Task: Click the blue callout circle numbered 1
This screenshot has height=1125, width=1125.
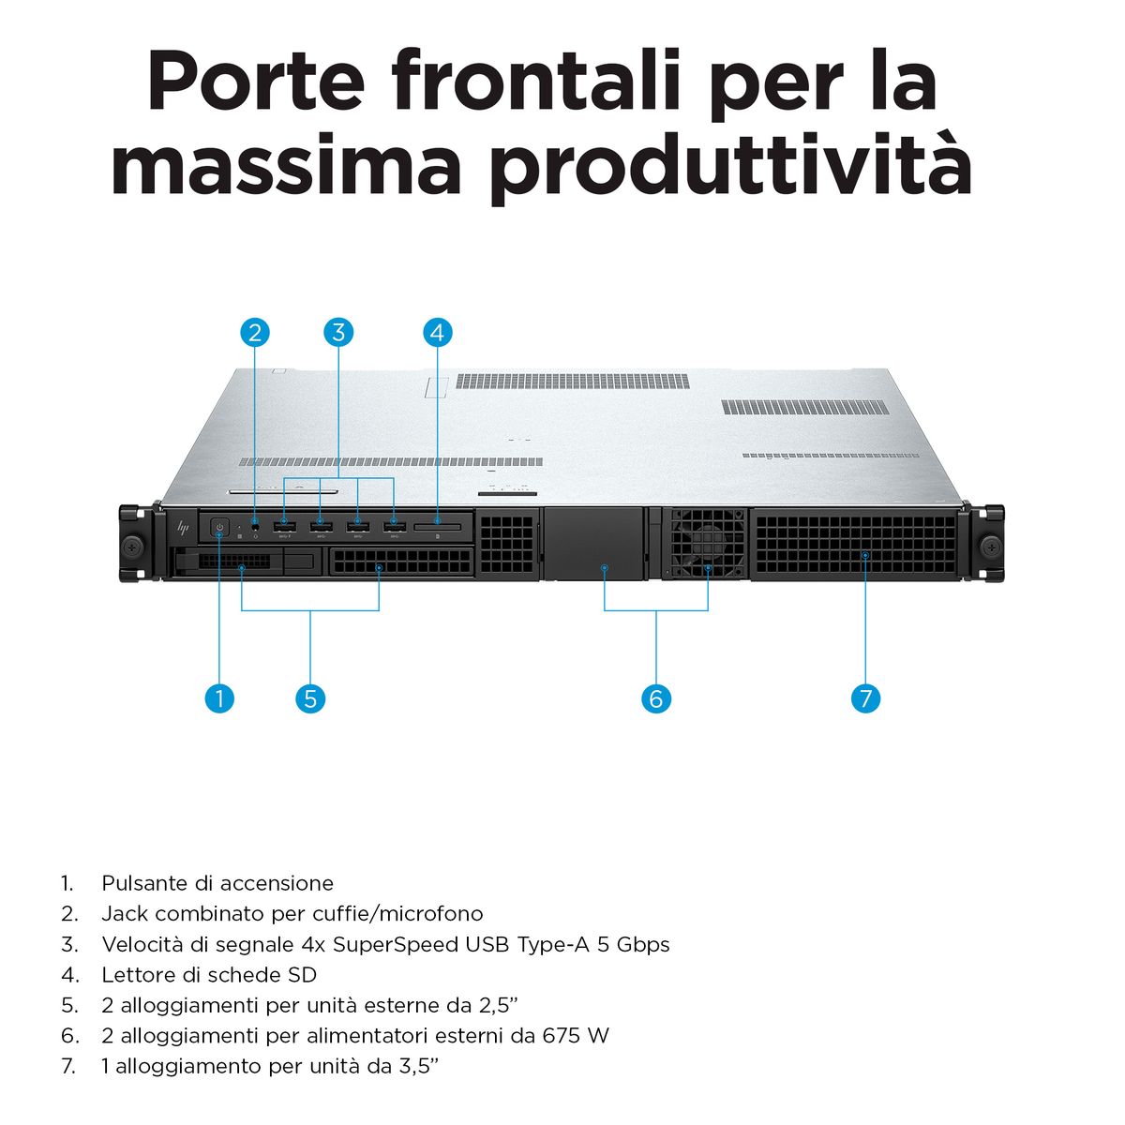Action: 219,698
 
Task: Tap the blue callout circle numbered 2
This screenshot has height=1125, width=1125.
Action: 255,332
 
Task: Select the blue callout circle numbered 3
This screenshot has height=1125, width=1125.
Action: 338,332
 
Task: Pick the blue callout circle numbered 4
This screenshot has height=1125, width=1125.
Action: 437,332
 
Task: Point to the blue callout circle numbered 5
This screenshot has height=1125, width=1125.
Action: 310,698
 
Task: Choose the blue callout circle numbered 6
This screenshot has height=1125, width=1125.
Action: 655,698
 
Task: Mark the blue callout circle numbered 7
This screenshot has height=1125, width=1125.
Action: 865,698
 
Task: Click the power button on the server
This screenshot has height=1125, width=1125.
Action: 219,529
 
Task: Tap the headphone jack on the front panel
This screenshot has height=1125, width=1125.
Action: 255,525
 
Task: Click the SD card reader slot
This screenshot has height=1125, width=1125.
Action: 437,527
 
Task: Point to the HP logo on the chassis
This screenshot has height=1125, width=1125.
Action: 183,529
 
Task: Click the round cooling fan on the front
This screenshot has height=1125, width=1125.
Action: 708,543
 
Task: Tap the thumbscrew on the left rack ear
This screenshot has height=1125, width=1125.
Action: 132,547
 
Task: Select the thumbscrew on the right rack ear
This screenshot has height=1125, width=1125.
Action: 991,547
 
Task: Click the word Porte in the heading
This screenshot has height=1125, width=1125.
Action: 257,82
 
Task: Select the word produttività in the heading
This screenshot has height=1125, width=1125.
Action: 730,165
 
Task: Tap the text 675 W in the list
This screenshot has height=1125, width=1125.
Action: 575,1036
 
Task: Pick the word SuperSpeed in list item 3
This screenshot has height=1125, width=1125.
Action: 396,945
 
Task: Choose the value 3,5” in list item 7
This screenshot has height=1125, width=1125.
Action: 418,1066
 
